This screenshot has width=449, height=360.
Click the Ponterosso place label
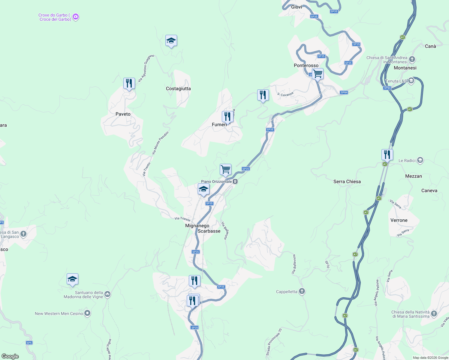coord(306,65)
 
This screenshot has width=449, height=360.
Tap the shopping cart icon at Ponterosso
coord(318,73)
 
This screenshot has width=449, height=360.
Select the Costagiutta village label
coord(178,88)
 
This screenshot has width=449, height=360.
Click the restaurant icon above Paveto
coord(129,83)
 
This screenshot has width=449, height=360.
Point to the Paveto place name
coord(123,114)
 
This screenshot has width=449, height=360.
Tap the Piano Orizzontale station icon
coord(236,181)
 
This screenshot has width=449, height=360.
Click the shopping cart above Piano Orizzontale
coord(225,169)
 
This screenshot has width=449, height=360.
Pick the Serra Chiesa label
coord(347,181)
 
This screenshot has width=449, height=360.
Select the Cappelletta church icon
coord(302,291)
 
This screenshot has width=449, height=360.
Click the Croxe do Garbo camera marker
coord(76,17)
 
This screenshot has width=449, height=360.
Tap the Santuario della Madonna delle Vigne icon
coord(108,294)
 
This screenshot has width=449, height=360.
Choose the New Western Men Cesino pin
coord(87,313)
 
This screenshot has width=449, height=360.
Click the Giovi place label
coord(297,7)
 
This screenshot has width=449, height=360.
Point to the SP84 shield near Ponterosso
coord(344,92)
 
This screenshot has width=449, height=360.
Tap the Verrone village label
coord(399,220)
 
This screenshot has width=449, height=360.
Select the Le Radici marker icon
coord(420,160)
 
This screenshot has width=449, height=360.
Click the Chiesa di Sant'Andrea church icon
coord(412,59)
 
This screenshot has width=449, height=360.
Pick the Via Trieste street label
coord(182,219)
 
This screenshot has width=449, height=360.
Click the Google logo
coord(10,356)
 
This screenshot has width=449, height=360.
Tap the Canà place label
coord(430,46)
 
